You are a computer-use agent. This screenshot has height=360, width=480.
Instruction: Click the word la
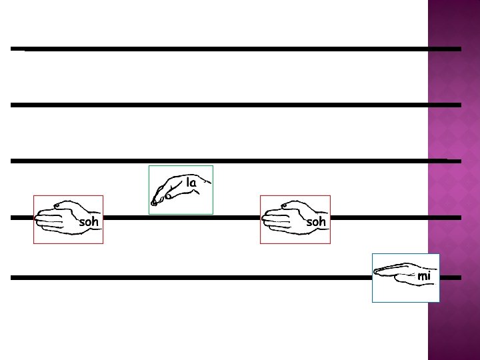click(191, 183)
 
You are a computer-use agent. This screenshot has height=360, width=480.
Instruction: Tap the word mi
click(424, 276)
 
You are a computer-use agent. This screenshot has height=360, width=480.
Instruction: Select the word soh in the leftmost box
click(89, 222)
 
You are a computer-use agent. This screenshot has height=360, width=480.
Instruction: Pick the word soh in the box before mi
click(315, 222)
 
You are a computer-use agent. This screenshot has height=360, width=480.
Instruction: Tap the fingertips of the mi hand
click(377, 271)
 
